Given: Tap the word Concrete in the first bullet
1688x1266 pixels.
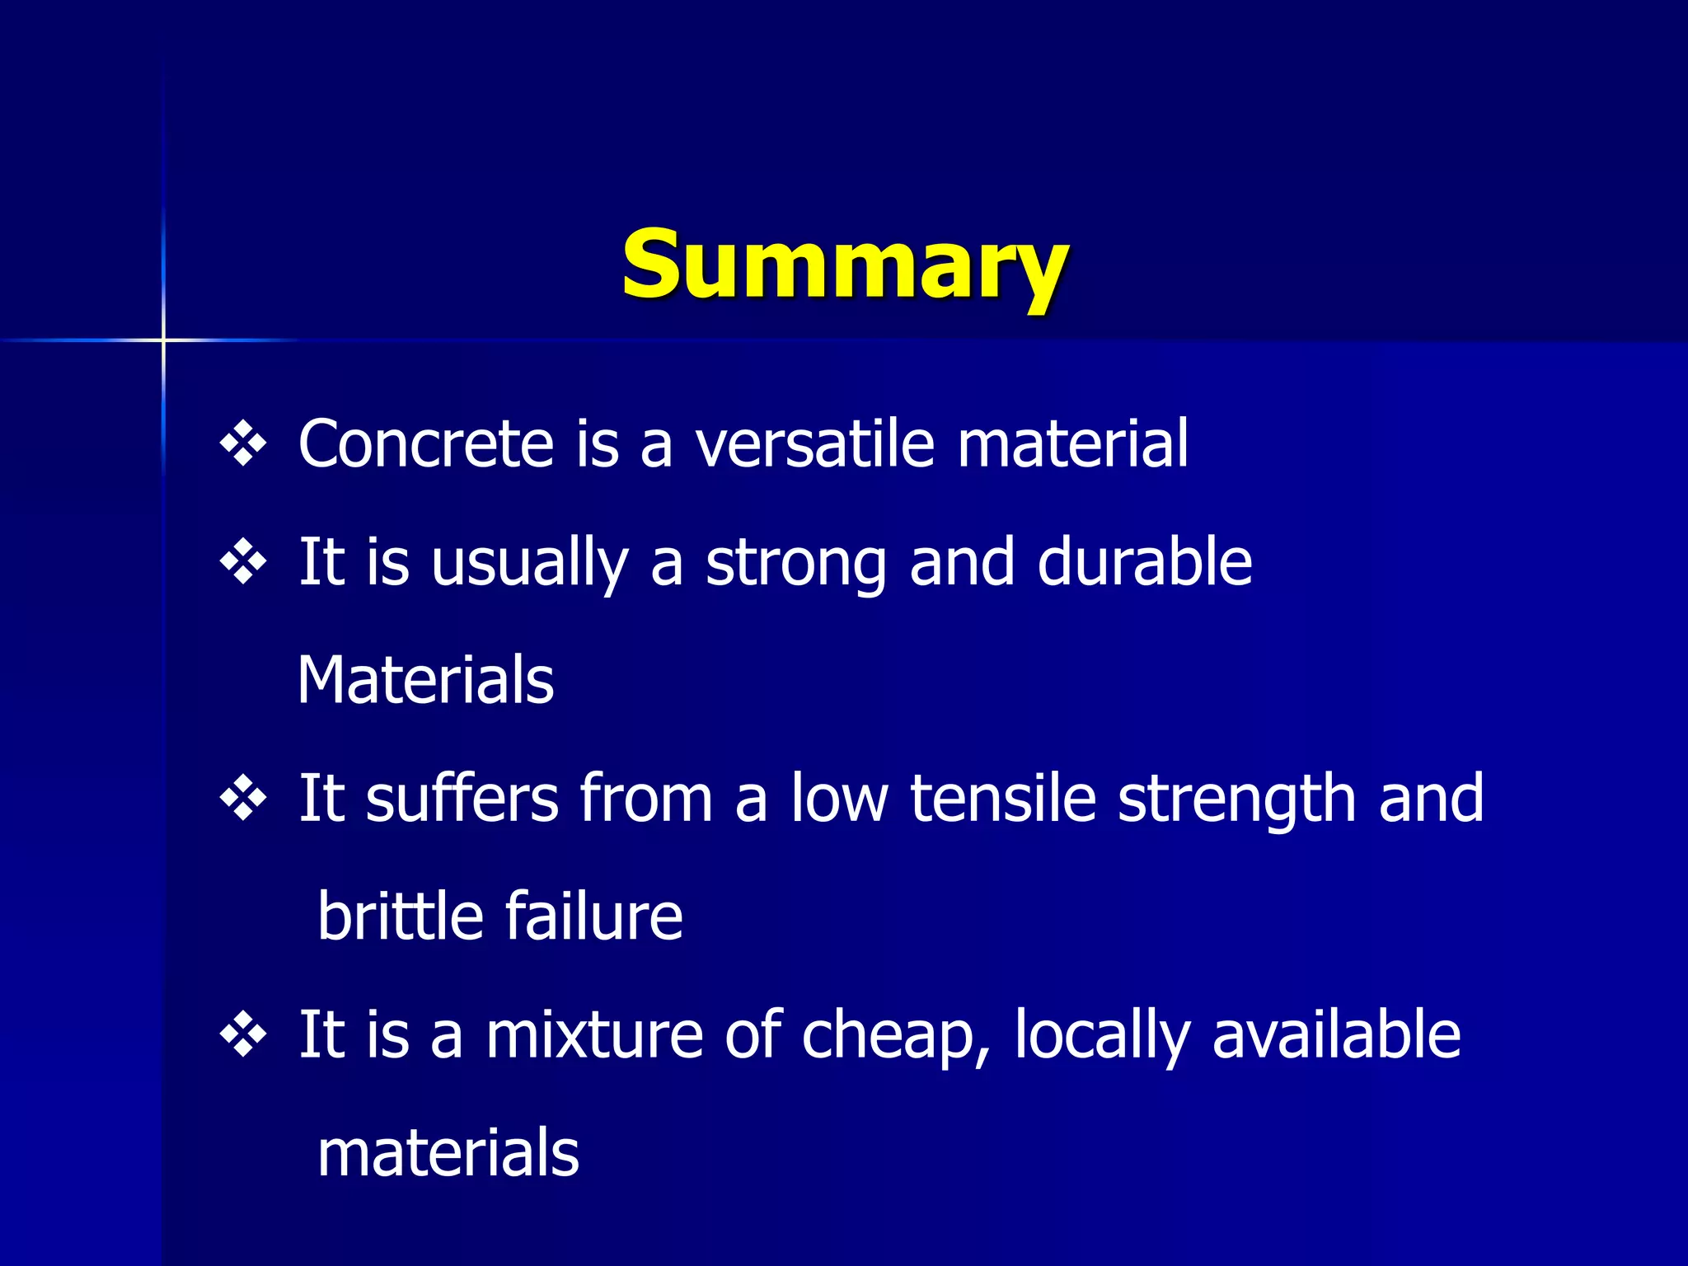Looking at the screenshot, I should click(425, 444).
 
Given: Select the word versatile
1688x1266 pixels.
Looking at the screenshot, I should click(815, 444).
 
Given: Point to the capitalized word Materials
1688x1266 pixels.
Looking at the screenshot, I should click(425, 680).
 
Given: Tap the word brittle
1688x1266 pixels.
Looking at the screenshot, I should click(400, 917).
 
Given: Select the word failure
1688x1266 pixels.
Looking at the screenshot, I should click(593, 917).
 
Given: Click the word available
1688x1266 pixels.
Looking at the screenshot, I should click(1336, 1035).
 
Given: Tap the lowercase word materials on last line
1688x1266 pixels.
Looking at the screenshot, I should click(448, 1153).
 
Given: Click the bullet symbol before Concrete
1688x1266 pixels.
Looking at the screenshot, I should click(243, 445).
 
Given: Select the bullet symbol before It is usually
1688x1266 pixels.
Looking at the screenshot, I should click(243, 563).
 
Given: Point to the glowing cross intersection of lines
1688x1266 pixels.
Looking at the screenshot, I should click(163, 340).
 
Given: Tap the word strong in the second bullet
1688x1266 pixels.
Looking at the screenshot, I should click(795, 564).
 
